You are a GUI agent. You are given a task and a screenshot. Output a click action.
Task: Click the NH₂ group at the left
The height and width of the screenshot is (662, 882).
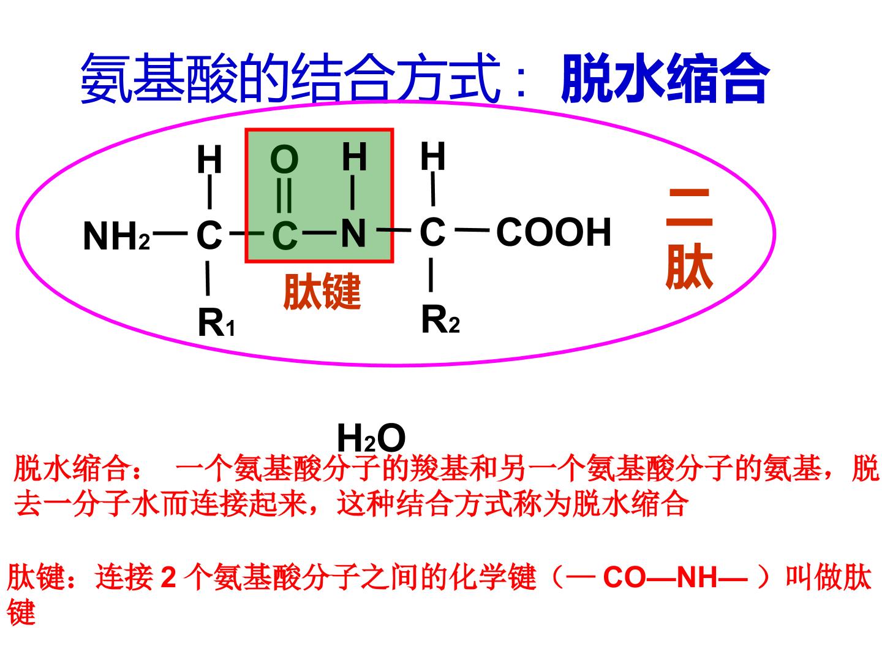point(116,236)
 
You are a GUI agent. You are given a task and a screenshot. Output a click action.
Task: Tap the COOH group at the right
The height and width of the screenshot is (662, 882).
point(554,232)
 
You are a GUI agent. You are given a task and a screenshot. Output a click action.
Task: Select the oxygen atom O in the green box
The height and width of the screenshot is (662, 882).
point(284,159)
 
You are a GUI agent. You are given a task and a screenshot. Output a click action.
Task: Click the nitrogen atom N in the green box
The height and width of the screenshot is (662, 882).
point(353,233)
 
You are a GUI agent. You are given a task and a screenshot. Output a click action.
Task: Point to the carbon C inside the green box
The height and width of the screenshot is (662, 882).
point(284,236)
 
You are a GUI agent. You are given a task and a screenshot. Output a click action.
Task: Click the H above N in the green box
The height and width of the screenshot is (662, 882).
point(354,157)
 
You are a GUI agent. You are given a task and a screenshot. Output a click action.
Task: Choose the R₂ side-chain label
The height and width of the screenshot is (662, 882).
point(440,319)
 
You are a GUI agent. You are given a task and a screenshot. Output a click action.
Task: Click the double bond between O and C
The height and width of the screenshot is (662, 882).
point(284,195)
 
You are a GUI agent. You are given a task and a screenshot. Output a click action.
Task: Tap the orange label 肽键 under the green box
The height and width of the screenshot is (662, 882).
point(322,291)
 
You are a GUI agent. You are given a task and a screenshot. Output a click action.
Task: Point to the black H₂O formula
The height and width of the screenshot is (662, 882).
point(371,438)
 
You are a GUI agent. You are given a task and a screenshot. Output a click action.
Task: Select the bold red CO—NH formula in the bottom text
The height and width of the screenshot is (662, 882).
point(676,577)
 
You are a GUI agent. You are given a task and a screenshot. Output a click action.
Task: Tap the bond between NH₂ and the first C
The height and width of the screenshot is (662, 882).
point(170,233)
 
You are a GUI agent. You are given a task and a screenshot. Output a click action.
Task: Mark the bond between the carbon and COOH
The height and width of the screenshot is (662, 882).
point(472,230)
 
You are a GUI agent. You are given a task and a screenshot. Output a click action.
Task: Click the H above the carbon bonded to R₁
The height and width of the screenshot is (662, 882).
point(209,159)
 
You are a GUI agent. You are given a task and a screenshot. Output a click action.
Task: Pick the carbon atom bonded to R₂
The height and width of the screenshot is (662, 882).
point(432,232)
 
